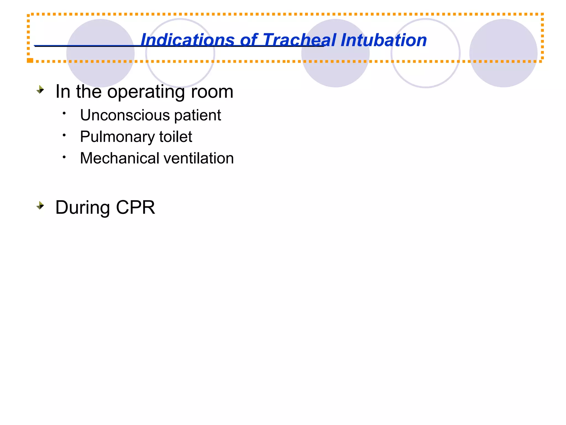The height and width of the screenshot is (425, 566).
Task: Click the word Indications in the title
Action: pyautogui.click(x=187, y=40)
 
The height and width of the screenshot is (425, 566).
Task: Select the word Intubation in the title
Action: pyautogui.click(x=384, y=40)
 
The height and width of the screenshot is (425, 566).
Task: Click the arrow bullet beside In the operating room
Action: pyautogui.click(x=40, y=90)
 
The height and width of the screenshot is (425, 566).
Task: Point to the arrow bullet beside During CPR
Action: pyautogui.click(x=40, y=206)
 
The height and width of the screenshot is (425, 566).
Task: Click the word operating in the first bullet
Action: pyautogui.click(x=146, y=92)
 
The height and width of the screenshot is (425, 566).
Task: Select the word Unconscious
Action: pyautogui.click(x=125, y=115)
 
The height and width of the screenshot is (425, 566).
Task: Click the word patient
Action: pyautogui.click(x=197, y=115)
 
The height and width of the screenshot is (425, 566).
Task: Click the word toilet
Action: pyautogui.click(x=175, y=137)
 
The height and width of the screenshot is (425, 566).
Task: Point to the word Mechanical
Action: pyautogui.click(x=120, y=158)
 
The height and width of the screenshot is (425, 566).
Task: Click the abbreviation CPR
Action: pyautogui.click(x=135, y=208)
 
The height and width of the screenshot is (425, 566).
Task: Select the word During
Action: pyautogui.click(x=83, y=208)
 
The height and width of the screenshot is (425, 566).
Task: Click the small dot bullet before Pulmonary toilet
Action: pyautogui.click(x=64, y=135)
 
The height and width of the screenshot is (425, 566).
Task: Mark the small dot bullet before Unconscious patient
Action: pyautogui.click(x=64, y=113)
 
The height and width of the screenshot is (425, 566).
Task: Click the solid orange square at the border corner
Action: pyautogui.click(x=30, y=60)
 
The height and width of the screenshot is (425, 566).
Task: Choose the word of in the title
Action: pyautogui.click(x=248, y=40)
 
